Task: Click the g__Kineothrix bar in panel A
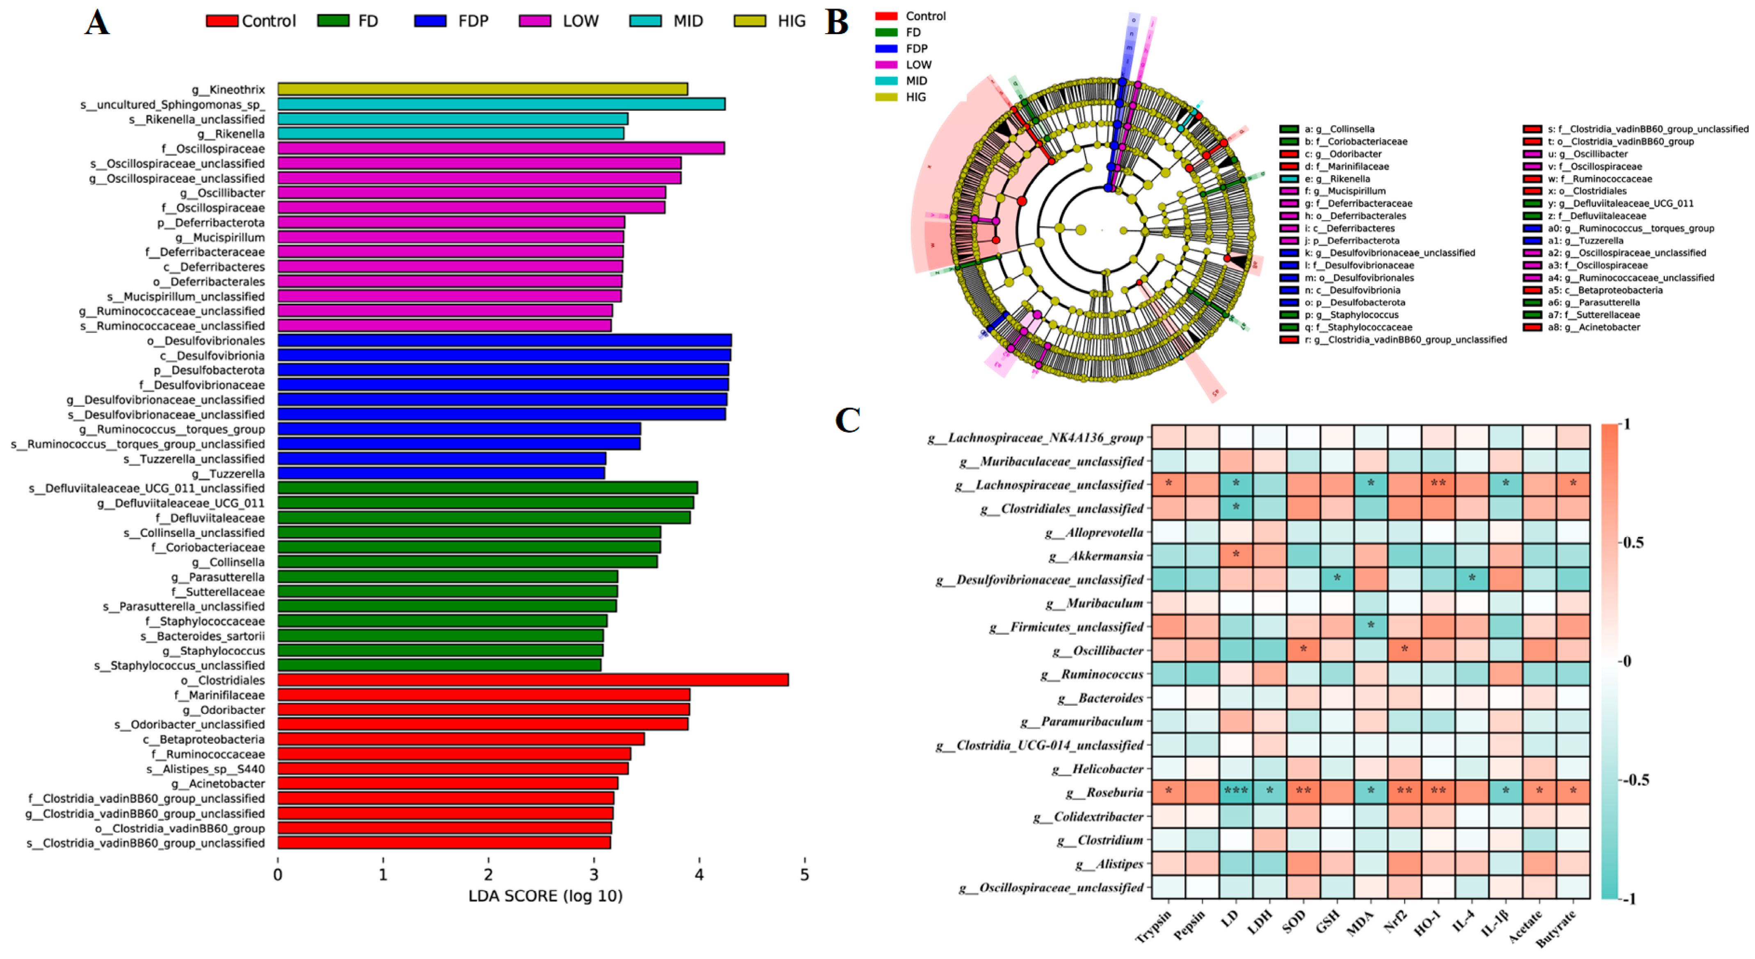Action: [x=482, y=89]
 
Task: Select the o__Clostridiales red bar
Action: [x=533, y=680]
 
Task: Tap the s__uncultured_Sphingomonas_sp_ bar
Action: [x=501, y=104]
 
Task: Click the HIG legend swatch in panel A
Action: [x=749, y=21]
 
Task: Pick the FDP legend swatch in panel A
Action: [x=430, y=21]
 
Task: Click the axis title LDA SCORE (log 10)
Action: [x=545, y=896]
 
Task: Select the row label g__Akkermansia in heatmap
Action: [x=1096, y=556]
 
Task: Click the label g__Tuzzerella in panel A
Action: [x=228, y=474]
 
